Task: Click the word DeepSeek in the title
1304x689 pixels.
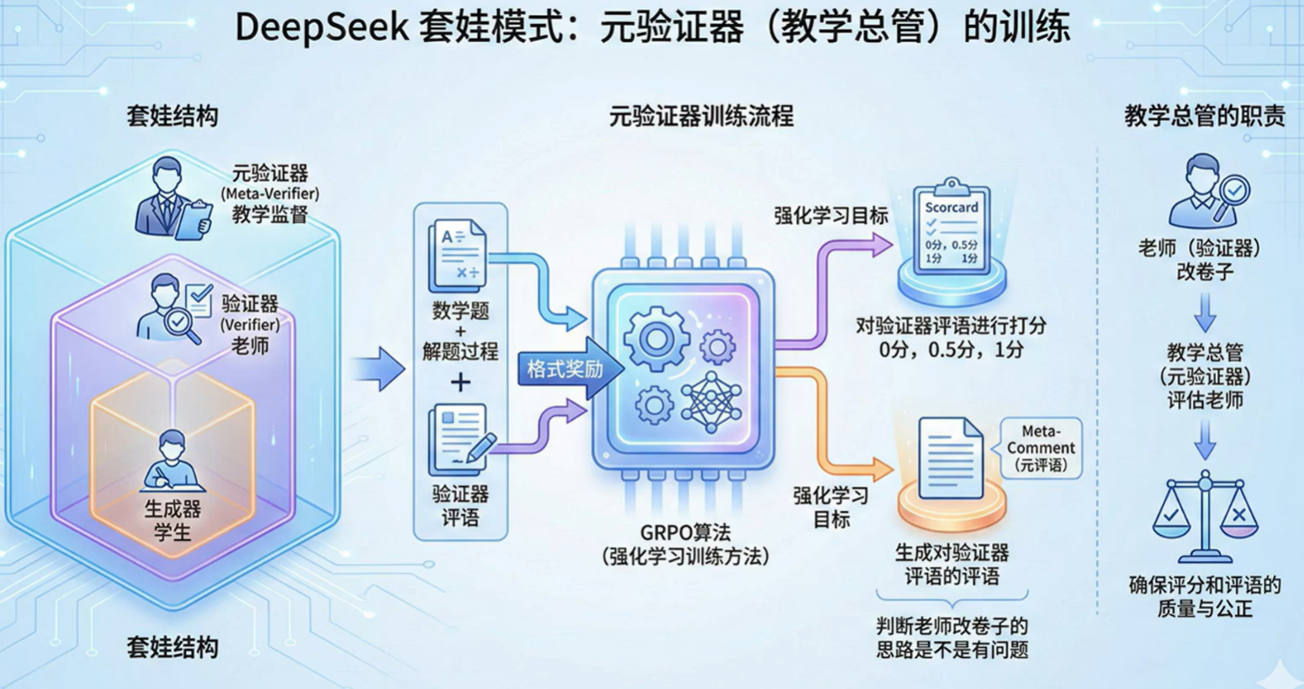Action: click(x=321, y=27)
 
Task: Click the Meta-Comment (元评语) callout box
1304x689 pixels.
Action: click(x=1041, y=448)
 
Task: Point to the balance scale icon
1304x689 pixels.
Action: click(x=1205, y=518)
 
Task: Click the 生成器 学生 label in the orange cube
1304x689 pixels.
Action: click(x=172, y=520)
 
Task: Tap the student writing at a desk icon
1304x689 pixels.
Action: click(x=172, y=463)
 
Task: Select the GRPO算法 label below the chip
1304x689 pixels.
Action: click(x=686, y=533)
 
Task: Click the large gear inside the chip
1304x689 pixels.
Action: click(x=655, y=340)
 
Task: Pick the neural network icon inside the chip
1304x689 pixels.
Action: click(x=712, y=402)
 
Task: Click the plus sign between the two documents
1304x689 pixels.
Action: click(x=460, y=383)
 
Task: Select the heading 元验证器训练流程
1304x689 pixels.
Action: click(x=701, y=116)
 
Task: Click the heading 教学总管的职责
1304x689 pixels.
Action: click(x=1205, y=116)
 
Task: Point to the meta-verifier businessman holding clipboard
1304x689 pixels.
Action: click(x=172, y=199)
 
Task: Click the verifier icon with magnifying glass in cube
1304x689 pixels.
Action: click(x=178, y=310)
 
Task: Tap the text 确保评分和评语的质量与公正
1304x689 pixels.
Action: click(x=1205, y=596)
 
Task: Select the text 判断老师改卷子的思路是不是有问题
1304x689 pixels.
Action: click(x=952, y=638)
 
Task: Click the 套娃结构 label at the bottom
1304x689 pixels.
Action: click(x=172, y=647)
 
